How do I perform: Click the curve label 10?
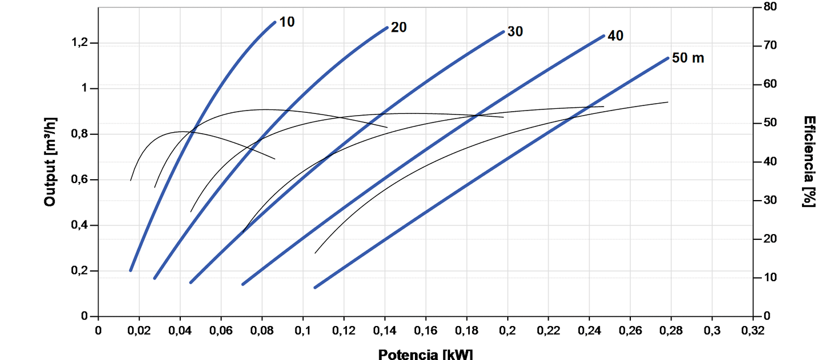point(287,22)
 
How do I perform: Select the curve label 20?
point(399,27)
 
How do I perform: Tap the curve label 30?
point(515,31)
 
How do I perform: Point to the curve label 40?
point(615,36)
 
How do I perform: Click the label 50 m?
point(688,58)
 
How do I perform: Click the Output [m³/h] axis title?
point(50,162)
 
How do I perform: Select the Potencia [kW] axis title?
point(425,354)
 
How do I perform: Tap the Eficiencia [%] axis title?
point(810,162)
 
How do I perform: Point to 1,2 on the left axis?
point(80,44)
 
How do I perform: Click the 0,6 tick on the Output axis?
point(80,180)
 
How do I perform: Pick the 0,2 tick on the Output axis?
point(80,271)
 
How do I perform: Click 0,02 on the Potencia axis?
point(139,330)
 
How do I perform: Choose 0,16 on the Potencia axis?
point(426,330)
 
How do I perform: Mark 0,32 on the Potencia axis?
point(753,330)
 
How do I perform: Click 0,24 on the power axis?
point(589,330)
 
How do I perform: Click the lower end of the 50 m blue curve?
point(315,287)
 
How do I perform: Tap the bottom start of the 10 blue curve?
point(130,270)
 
